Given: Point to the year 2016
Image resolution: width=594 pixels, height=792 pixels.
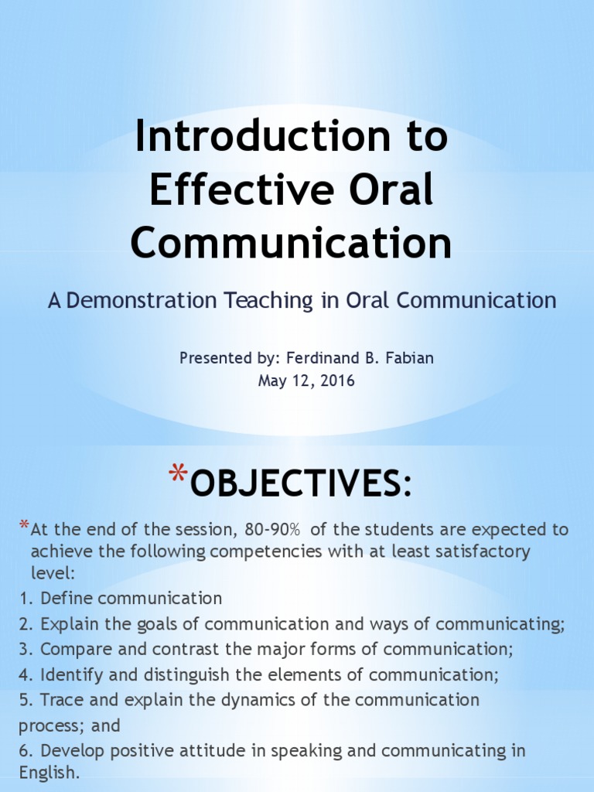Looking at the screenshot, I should pos(339,381).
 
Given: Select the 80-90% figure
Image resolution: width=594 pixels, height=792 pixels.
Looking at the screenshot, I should pos(272,530).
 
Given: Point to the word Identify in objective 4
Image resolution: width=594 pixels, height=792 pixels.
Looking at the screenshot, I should pos(67,674).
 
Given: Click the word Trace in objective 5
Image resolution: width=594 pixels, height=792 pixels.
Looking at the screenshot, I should pos(60,700).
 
